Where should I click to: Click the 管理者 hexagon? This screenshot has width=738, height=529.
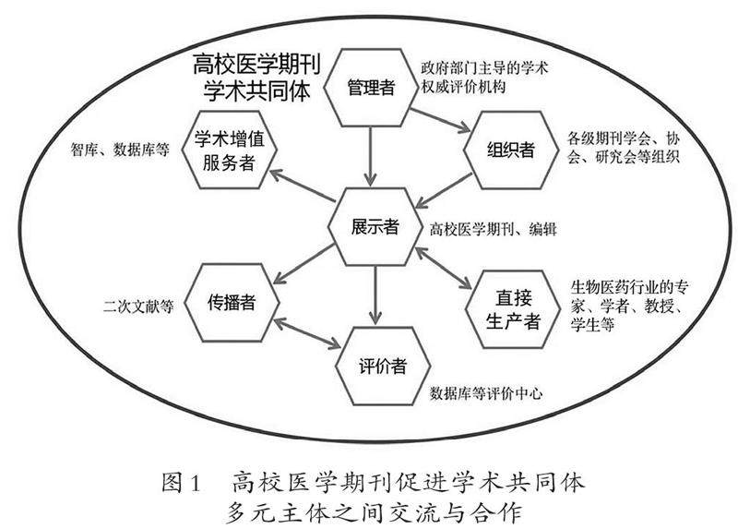[x=372, y=87]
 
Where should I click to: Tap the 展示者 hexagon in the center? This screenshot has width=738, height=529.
[x=373, y=225]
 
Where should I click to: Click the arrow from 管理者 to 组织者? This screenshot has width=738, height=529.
[x=440, y=118]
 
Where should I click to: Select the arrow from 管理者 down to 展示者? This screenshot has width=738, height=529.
[x=372, y=155]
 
